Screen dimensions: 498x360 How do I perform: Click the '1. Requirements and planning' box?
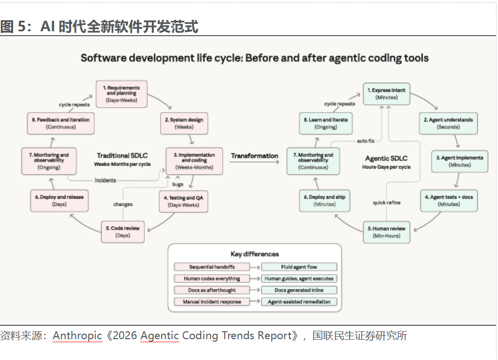pyautogui.click(x=122, y=94)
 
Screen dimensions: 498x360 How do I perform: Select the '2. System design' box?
pyautogui.click(x=184, y=123)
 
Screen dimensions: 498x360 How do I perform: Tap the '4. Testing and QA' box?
pyautogui.click(x=184, y=201)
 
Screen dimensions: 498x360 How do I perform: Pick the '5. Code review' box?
pyautogui.click(x=123, y=232)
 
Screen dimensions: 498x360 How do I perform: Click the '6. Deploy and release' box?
pyautogui.click(x=60, y=201)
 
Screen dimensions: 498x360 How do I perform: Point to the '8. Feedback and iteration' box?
pyautogui.click(x=61, y=123)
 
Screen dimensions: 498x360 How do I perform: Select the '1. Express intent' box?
pyautogui.click(x=386, y=94)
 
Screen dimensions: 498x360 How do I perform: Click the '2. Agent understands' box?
pyautogui.click(x=448, y=123)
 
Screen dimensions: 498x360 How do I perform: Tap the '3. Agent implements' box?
pyautogui.click(x=460, y=161)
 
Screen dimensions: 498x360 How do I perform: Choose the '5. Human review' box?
pyautogui.click(x=386, y=232)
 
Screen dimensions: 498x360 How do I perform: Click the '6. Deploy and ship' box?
pyautogui.click(x=324, y=201)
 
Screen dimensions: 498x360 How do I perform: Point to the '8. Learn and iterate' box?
pyautogui.click(x=326, y=123)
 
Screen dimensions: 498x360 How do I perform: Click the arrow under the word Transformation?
pyautogui.click(x=254, y=162)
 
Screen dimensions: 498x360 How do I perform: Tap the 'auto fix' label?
pyautogui.click(x=366, y=141)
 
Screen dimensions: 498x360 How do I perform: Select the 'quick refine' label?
pyautogui.click(x=386, y=202)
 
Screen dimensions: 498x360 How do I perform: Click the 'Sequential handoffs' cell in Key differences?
pyautogui.click(x=212, y=267)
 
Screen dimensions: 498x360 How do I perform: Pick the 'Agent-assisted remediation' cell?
pyautogui.click(x=299, y=301)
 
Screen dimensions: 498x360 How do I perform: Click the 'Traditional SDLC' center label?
pyautogui.click(x=123, y=156)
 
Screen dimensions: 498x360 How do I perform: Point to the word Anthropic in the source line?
pyautogui.click(x=77, y=336)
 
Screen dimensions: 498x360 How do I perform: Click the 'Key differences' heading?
pyautogui.click(x=255, y=254)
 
